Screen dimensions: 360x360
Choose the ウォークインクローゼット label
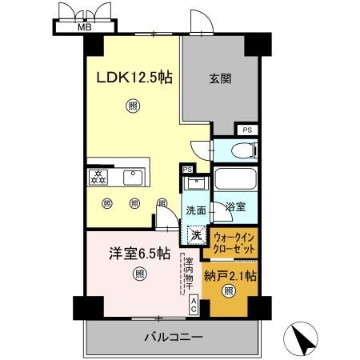click(x=235, y=243)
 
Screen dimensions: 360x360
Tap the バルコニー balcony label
click(x=173, y=337)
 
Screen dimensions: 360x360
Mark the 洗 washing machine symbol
click(x=196, y=235)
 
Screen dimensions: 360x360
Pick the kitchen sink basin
click(x=134, y=176)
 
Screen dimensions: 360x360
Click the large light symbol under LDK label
click(x=130, y=104)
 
